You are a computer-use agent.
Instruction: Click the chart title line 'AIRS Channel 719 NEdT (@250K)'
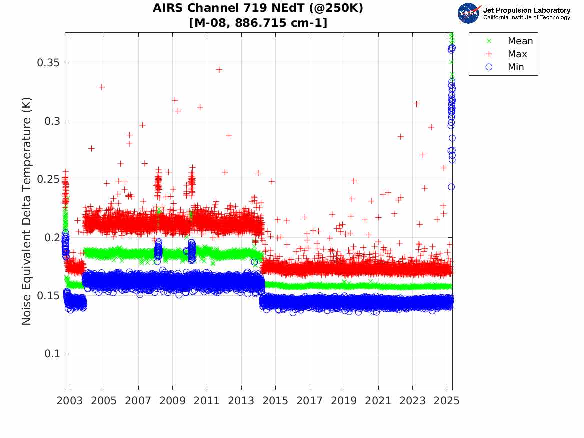click(x=258, y=8)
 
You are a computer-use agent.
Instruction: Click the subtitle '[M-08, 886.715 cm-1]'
click(x=258, y=23)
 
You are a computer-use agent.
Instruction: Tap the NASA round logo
click(x=468, y=13)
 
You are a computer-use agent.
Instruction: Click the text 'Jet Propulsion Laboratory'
click(x=526, y=10)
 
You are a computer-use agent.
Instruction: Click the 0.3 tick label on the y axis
click(x=52, y=121)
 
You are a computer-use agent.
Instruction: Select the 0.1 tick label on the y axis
click(x=52, y=354)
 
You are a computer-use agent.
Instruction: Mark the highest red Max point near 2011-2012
click(x=219, y=69)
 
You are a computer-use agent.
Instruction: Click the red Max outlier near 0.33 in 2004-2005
click(x=102, y=87)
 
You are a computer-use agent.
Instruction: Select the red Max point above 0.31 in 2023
click(x=416, y=104)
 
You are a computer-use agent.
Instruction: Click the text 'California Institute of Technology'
click(x=526, y=18)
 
